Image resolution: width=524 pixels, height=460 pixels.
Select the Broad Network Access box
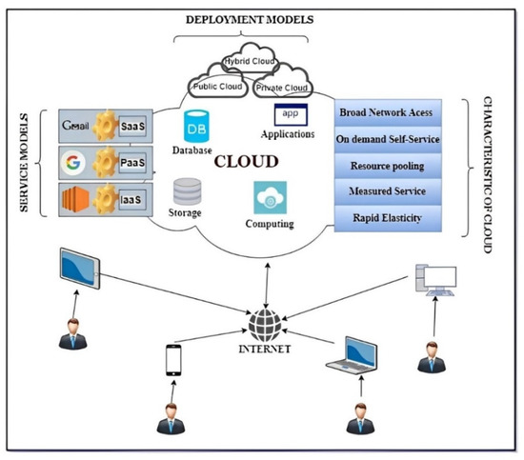point(390,112)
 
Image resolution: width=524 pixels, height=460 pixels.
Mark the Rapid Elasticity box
point(390,217)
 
